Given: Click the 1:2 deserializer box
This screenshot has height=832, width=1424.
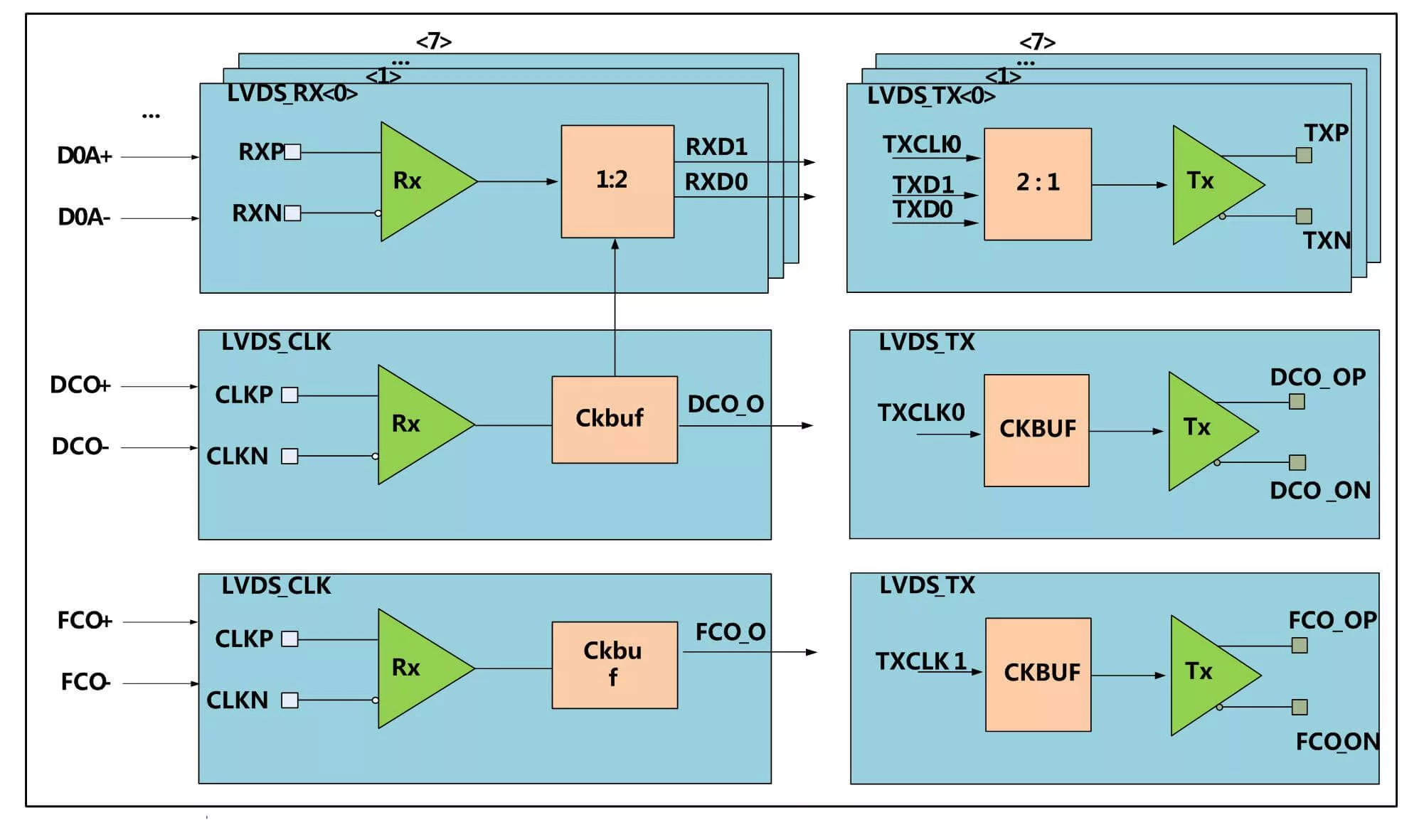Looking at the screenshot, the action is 617,181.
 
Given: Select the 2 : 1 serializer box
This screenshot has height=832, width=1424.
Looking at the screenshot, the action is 1038,184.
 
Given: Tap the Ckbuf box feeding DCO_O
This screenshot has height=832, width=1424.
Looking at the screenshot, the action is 615,420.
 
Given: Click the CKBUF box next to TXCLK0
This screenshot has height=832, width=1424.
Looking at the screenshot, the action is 1036,430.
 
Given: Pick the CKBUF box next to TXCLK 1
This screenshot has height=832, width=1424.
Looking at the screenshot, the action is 1038,674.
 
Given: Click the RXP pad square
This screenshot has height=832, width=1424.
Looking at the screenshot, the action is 292,152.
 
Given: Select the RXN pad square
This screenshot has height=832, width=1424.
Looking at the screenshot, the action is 292,213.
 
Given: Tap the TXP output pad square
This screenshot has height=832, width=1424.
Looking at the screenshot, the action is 1304,155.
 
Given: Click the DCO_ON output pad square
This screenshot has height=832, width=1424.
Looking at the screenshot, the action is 1297,463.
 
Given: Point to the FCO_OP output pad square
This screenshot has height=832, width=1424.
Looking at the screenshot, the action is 1300,646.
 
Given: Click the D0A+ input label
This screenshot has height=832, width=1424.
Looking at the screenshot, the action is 85,156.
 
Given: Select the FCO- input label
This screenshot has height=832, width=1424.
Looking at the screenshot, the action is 85,682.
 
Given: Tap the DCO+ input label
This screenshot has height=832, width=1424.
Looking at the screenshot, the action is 80,385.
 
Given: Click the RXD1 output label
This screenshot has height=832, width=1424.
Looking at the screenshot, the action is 716,146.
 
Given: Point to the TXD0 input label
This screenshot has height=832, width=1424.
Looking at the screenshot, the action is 923,209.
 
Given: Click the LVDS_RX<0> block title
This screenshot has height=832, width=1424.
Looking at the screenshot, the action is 292,93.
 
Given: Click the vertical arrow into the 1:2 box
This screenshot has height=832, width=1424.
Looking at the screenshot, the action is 615,307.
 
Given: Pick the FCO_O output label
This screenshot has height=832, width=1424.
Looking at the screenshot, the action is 730,631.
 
